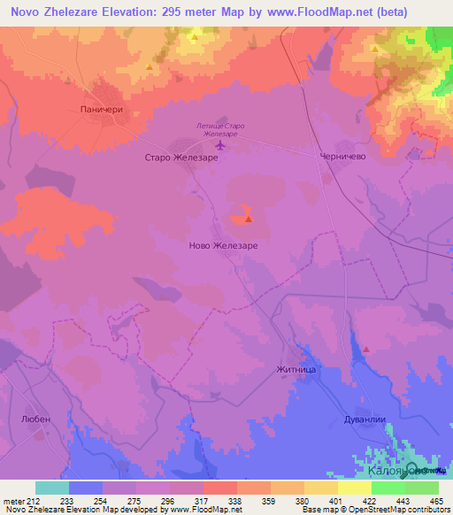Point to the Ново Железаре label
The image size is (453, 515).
(224, 245)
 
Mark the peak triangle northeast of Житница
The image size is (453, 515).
(365, 350)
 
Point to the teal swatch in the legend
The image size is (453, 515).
(51, 488)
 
